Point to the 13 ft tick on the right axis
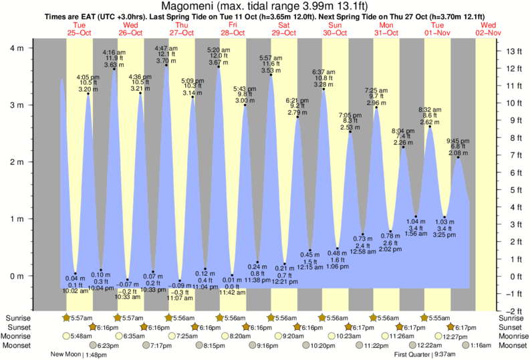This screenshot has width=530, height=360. pos(513,51)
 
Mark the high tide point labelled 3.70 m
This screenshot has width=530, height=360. pos(166,65)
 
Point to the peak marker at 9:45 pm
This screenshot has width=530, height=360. pos(458,157)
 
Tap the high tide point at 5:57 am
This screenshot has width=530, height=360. pos(271,75)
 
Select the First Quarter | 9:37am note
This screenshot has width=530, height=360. pos(426,355)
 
